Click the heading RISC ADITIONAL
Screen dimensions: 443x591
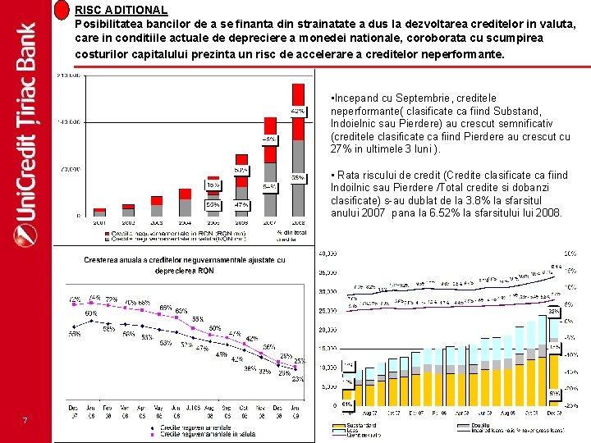[x=121, y=10]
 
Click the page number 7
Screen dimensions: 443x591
[x=25, y=422]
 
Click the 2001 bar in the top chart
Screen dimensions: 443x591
[x=99, y=212]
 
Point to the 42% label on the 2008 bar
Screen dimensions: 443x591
[x=297, y=110]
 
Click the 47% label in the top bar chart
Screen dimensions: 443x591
[x=241, y=203]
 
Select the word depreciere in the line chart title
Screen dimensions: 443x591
[x=176, y=271]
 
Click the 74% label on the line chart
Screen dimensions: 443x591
[x=95, y=298]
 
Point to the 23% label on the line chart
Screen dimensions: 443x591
[x=298, y=380]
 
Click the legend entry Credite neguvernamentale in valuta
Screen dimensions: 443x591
[x=208, y=434]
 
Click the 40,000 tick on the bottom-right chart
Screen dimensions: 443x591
[x=327, y=253]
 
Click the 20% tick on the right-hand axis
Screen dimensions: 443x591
[x=569, y=253]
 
